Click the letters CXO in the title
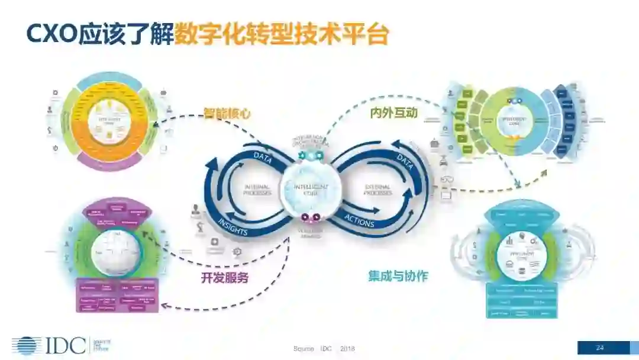click(x=52, y=34)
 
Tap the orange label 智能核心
click(x=228, y=113)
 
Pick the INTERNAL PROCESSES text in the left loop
click(x=257, y=190)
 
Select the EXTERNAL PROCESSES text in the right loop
click(x=377, y=190)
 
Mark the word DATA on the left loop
click(x=262, y=157)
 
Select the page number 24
click(x=600, y=348)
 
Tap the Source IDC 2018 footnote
click(x=324, y=348)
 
